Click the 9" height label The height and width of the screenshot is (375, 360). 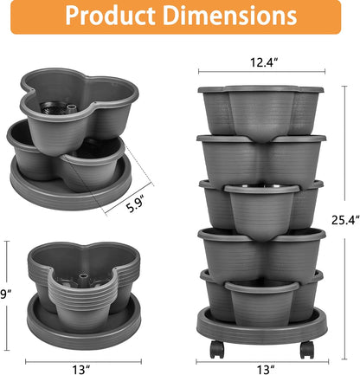[x=4, y=293]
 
